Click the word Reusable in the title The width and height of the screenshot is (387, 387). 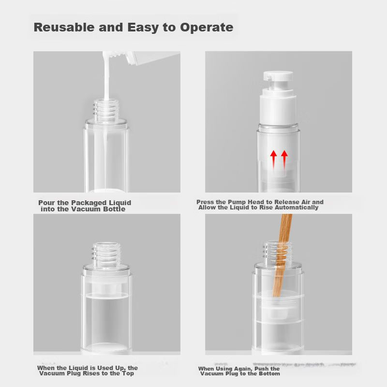(64, 27)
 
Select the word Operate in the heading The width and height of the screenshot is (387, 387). (207, 28)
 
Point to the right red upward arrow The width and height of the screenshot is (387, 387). (284, 160)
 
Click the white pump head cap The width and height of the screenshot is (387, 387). (278, 75)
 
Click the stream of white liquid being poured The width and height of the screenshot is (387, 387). (106, 76)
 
